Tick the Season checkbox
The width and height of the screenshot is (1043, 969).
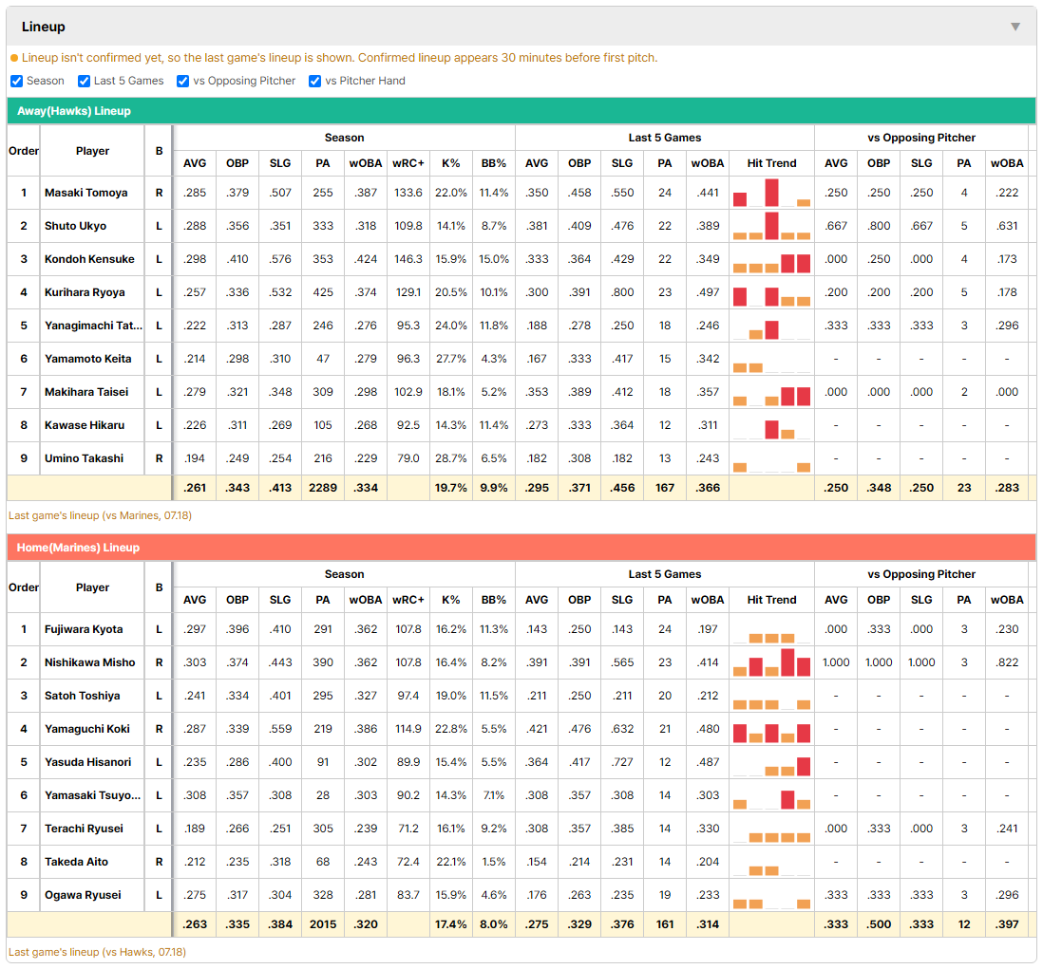click(17, 81)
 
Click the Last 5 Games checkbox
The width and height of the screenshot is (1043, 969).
click(84, 81)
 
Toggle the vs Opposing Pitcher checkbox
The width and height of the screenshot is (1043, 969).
click(183, 81)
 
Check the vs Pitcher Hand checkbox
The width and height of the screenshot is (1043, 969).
click(314, 81)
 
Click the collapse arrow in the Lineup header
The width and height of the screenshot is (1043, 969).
click(1015, 27)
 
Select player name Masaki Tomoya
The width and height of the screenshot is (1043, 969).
click(85, 193)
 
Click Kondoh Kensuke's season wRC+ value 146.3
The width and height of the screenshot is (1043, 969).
click(408, 259)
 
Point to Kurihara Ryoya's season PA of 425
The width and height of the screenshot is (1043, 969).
click(323, 292)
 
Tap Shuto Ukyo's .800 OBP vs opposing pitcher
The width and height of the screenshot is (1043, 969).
click(879, 226)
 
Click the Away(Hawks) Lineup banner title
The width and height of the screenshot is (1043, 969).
click(74, 111)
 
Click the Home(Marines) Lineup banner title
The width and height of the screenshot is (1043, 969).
click(78, 548)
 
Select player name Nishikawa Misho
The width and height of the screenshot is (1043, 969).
click(90, 662)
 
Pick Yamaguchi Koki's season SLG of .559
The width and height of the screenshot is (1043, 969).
click(280, 729)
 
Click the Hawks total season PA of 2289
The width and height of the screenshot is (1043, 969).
click(323, 488)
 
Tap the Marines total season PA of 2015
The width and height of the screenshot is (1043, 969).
click(323, 924)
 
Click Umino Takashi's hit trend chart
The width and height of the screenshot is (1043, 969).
click(771, 458)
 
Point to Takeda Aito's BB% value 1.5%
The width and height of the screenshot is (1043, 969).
click(494, 862)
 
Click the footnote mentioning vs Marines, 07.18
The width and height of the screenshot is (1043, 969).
click(100, 515)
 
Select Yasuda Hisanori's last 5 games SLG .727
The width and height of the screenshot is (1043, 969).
click(622, 762)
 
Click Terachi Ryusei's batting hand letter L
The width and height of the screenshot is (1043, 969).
click(159, 829)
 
